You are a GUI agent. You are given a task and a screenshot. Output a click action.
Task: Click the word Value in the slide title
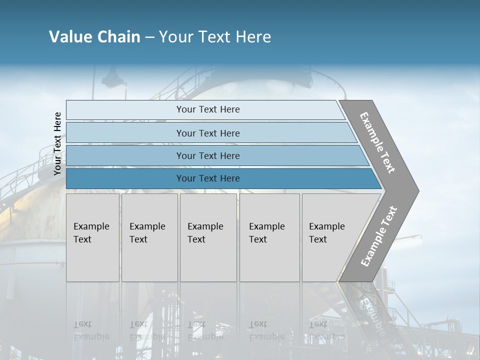click(70, 37)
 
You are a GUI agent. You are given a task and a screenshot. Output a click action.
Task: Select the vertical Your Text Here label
click(57, 144)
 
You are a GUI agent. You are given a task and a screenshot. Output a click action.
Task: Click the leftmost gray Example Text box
click(92, 237)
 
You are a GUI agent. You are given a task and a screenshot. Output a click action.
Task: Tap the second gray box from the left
click(149, 237)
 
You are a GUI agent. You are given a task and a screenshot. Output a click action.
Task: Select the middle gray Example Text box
click(208, 237)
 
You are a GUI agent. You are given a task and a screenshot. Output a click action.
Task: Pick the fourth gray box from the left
click(269, 237)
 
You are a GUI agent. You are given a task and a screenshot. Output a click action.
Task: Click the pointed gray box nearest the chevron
click(335, 237)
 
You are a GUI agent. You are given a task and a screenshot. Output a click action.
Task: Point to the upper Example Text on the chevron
click(377, 142)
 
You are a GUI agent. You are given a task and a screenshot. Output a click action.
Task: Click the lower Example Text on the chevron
click(379, 236)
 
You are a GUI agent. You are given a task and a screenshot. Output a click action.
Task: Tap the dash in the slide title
click(149, 37)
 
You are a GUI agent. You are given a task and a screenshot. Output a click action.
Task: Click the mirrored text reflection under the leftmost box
click(91, 330)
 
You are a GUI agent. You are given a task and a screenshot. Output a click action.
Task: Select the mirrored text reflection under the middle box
click(205, 330)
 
